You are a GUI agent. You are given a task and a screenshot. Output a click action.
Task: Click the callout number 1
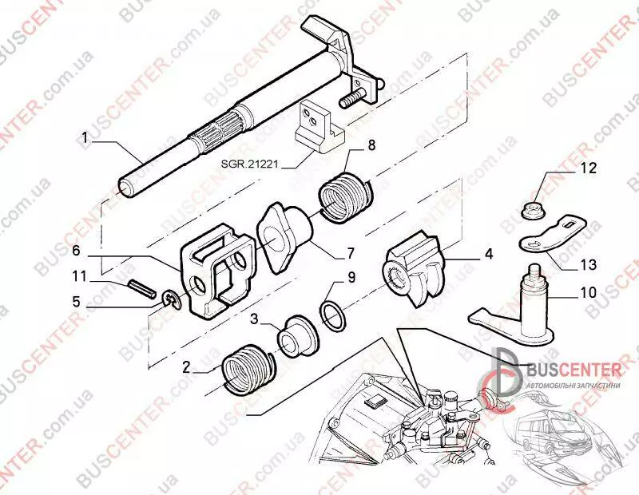pos(85,138)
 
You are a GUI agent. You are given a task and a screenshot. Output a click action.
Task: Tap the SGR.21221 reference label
pos(249,164)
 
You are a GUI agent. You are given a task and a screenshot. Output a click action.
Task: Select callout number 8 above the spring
pos(371,145)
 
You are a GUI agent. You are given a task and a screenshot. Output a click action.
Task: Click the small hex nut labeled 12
pos(530,211)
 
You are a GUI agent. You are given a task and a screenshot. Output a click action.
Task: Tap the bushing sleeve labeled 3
pos(296,335)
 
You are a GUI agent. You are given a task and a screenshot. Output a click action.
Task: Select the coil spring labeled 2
pos(247,370)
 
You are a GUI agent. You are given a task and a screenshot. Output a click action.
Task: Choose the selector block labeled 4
pos(413,268)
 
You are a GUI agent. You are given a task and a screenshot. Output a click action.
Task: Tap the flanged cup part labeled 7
pos(284,238)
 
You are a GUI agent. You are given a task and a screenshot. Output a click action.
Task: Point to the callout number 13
pos(587,265)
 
